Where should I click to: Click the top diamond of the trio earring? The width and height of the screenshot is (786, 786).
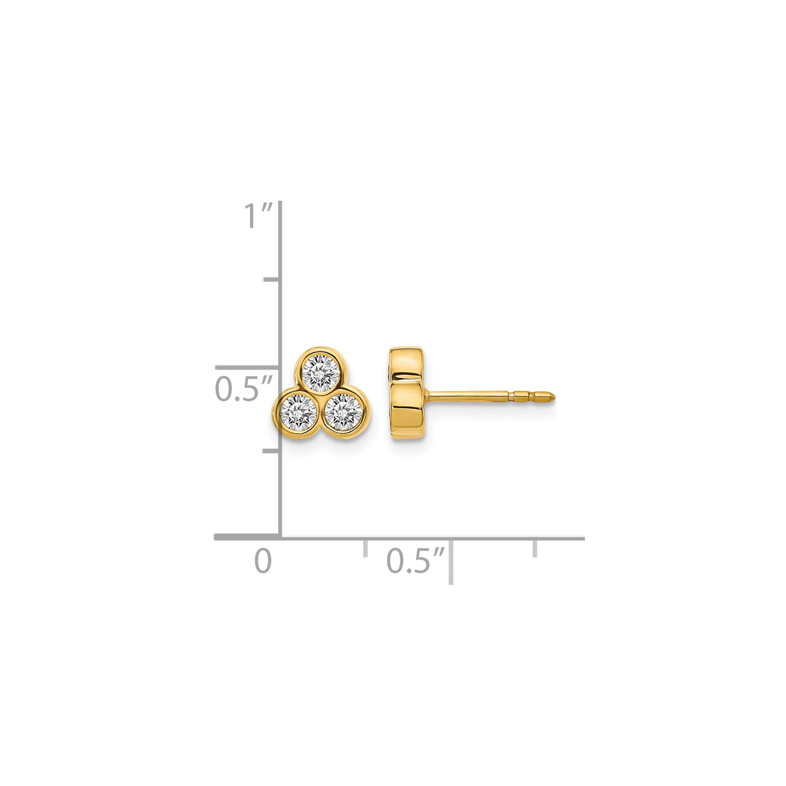[x=321, y=371]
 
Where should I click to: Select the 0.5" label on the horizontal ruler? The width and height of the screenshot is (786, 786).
[x=416, y=561]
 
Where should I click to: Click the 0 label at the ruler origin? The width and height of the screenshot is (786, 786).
[x=263, y=561]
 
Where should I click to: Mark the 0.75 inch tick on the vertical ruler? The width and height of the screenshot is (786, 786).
[x=271, y=280]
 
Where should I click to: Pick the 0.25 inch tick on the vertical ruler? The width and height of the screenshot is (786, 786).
[x=271, y=451]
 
